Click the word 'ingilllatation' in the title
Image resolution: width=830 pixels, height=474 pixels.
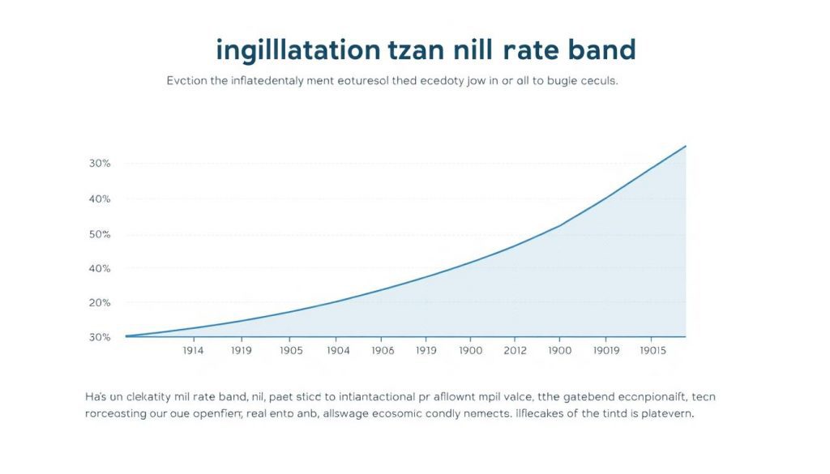pos(297,50)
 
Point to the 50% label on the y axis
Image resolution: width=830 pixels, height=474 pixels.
pos(100,234)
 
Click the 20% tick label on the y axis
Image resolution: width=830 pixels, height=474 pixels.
pos(100,302)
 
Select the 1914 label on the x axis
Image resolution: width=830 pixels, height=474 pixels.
pos(193,351)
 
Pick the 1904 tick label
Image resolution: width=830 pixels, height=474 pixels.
pos(338,351)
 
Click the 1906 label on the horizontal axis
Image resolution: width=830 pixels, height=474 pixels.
pos(383,351)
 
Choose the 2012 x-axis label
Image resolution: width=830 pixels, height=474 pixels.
pos(514,351)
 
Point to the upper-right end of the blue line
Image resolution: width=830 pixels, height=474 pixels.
pos(686,146)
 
